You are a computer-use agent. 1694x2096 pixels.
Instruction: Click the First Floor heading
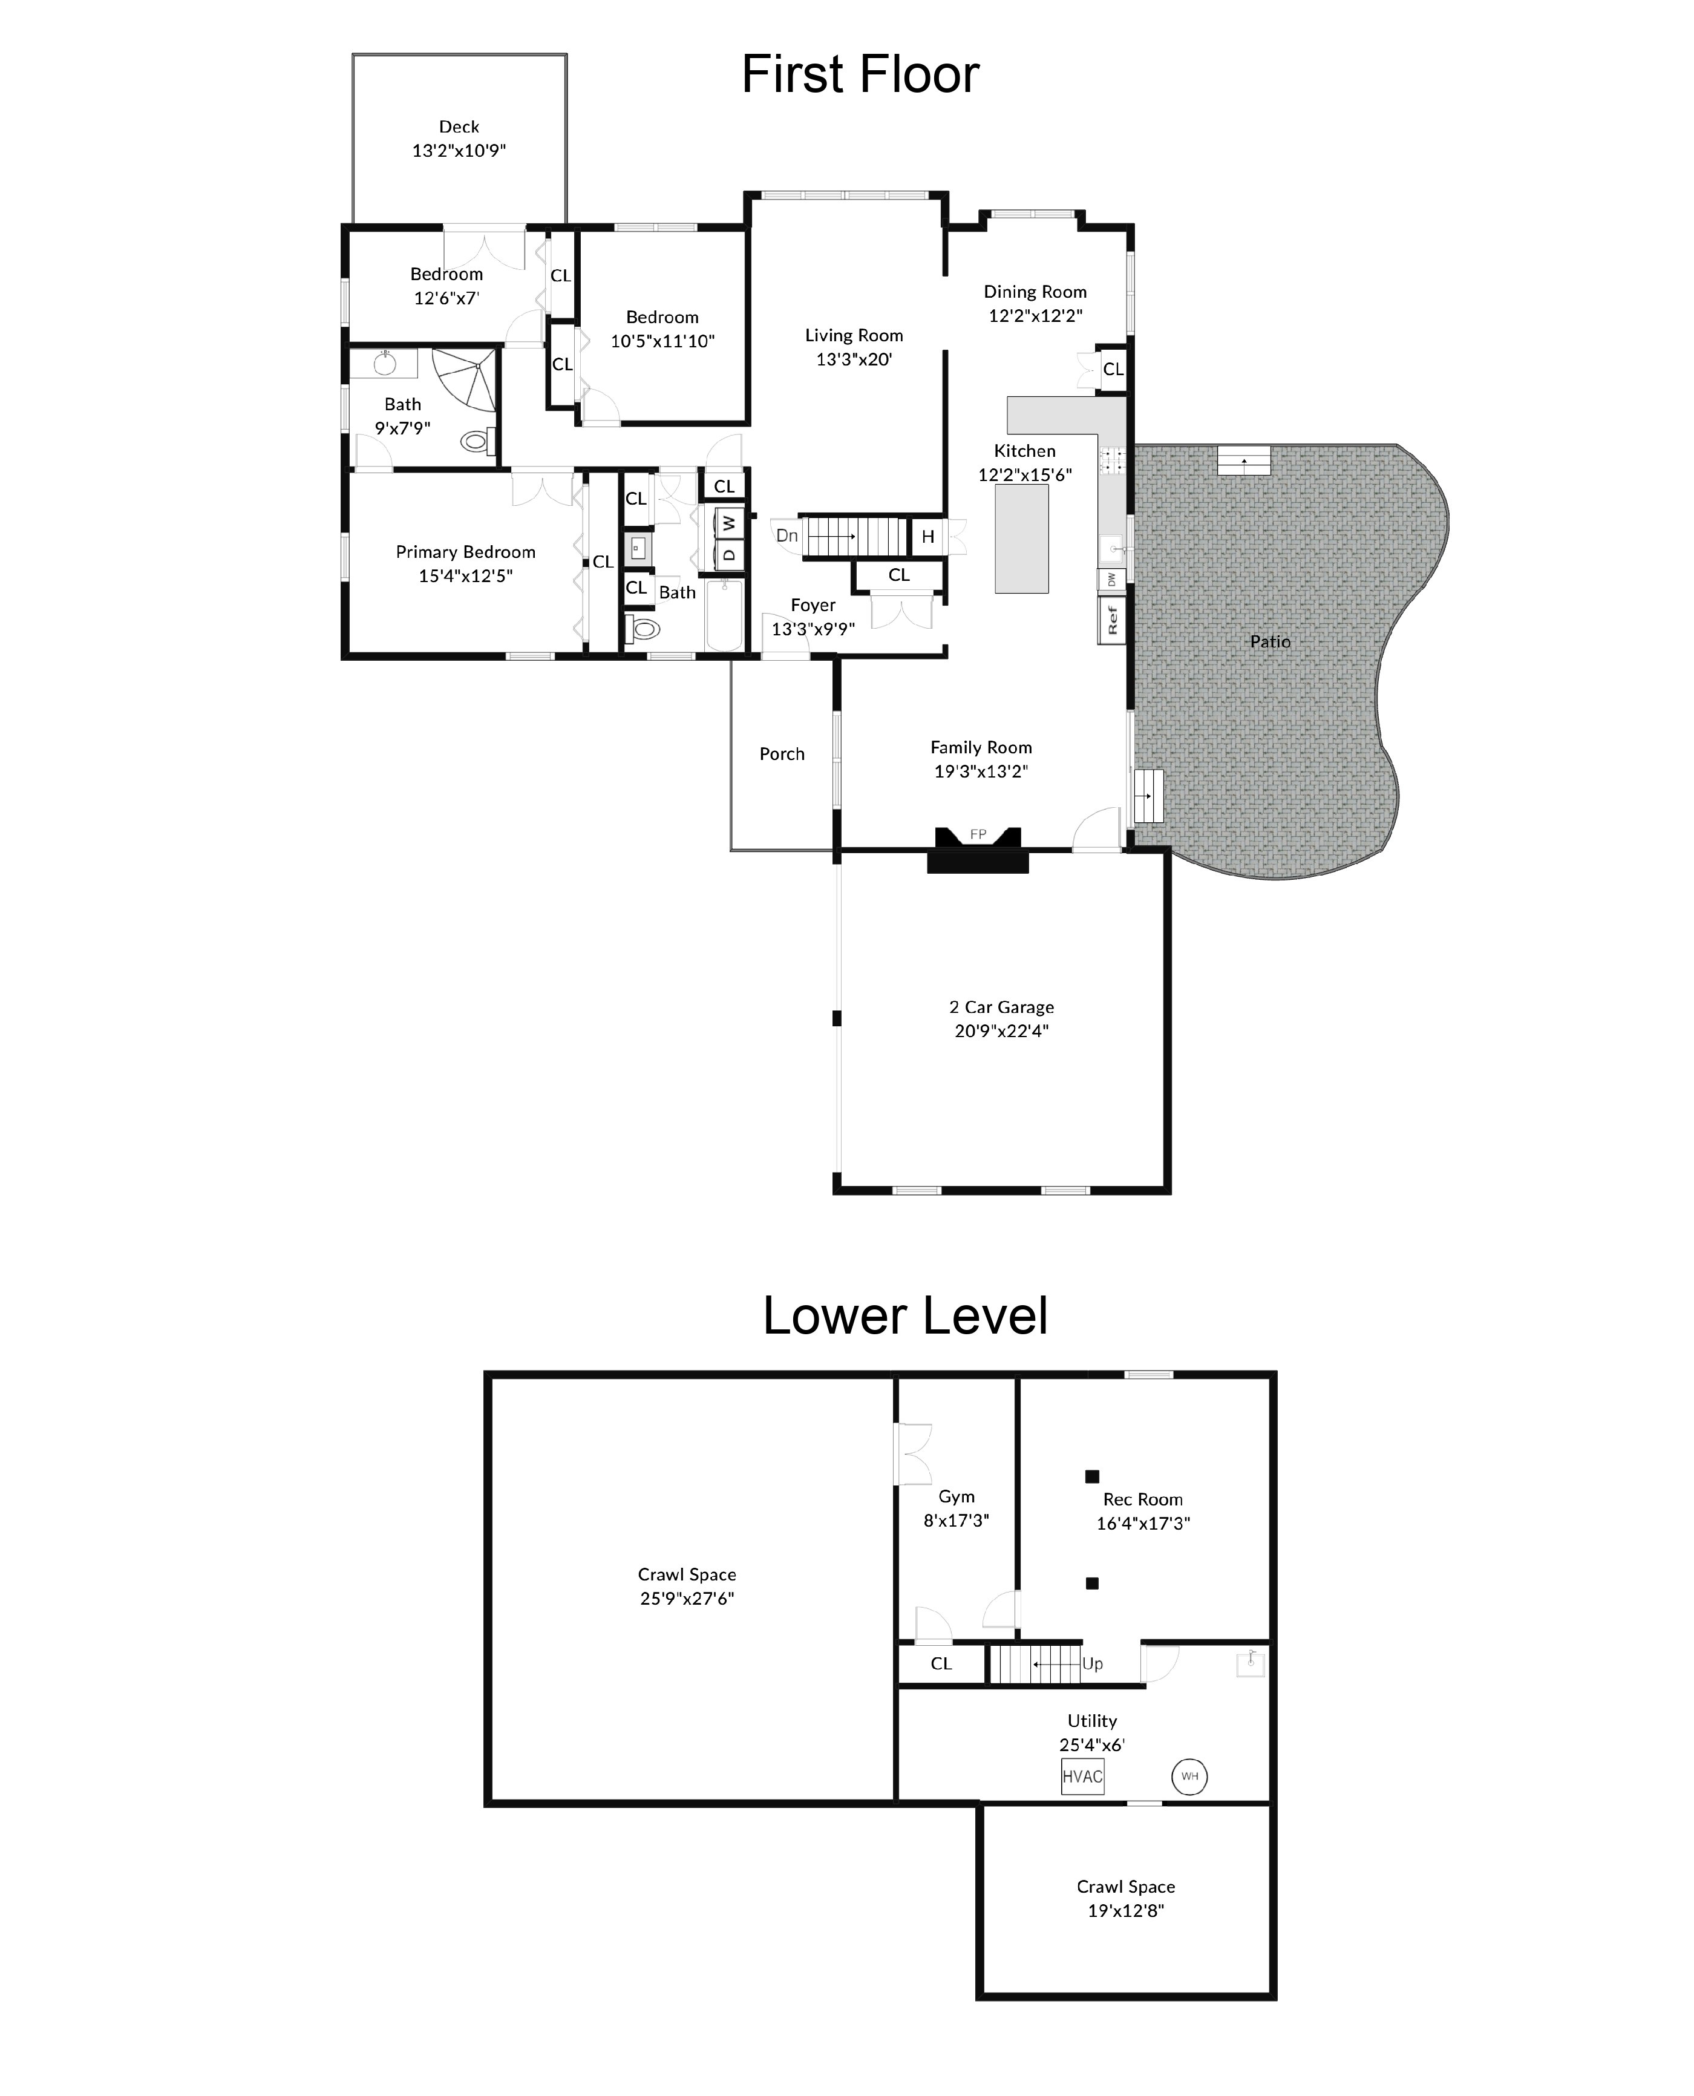point(860,75)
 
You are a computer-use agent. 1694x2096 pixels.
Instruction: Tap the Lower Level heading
point(904,1315)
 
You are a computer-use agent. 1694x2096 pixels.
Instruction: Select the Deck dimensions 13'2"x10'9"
point(459,150)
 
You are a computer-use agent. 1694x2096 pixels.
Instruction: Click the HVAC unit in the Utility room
point(1082,1776)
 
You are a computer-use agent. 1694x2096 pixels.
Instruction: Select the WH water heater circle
point(1189,1776)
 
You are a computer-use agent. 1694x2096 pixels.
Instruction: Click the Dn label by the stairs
point(786,535)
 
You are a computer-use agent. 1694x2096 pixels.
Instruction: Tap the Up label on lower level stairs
point(1092,1664)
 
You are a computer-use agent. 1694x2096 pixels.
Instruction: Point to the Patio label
point(1269,641)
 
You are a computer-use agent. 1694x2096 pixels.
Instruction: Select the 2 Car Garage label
point(1001,1007)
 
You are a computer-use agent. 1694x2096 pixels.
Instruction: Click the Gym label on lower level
point(957,1497)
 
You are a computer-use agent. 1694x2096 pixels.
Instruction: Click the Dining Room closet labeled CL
point(1113,370)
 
